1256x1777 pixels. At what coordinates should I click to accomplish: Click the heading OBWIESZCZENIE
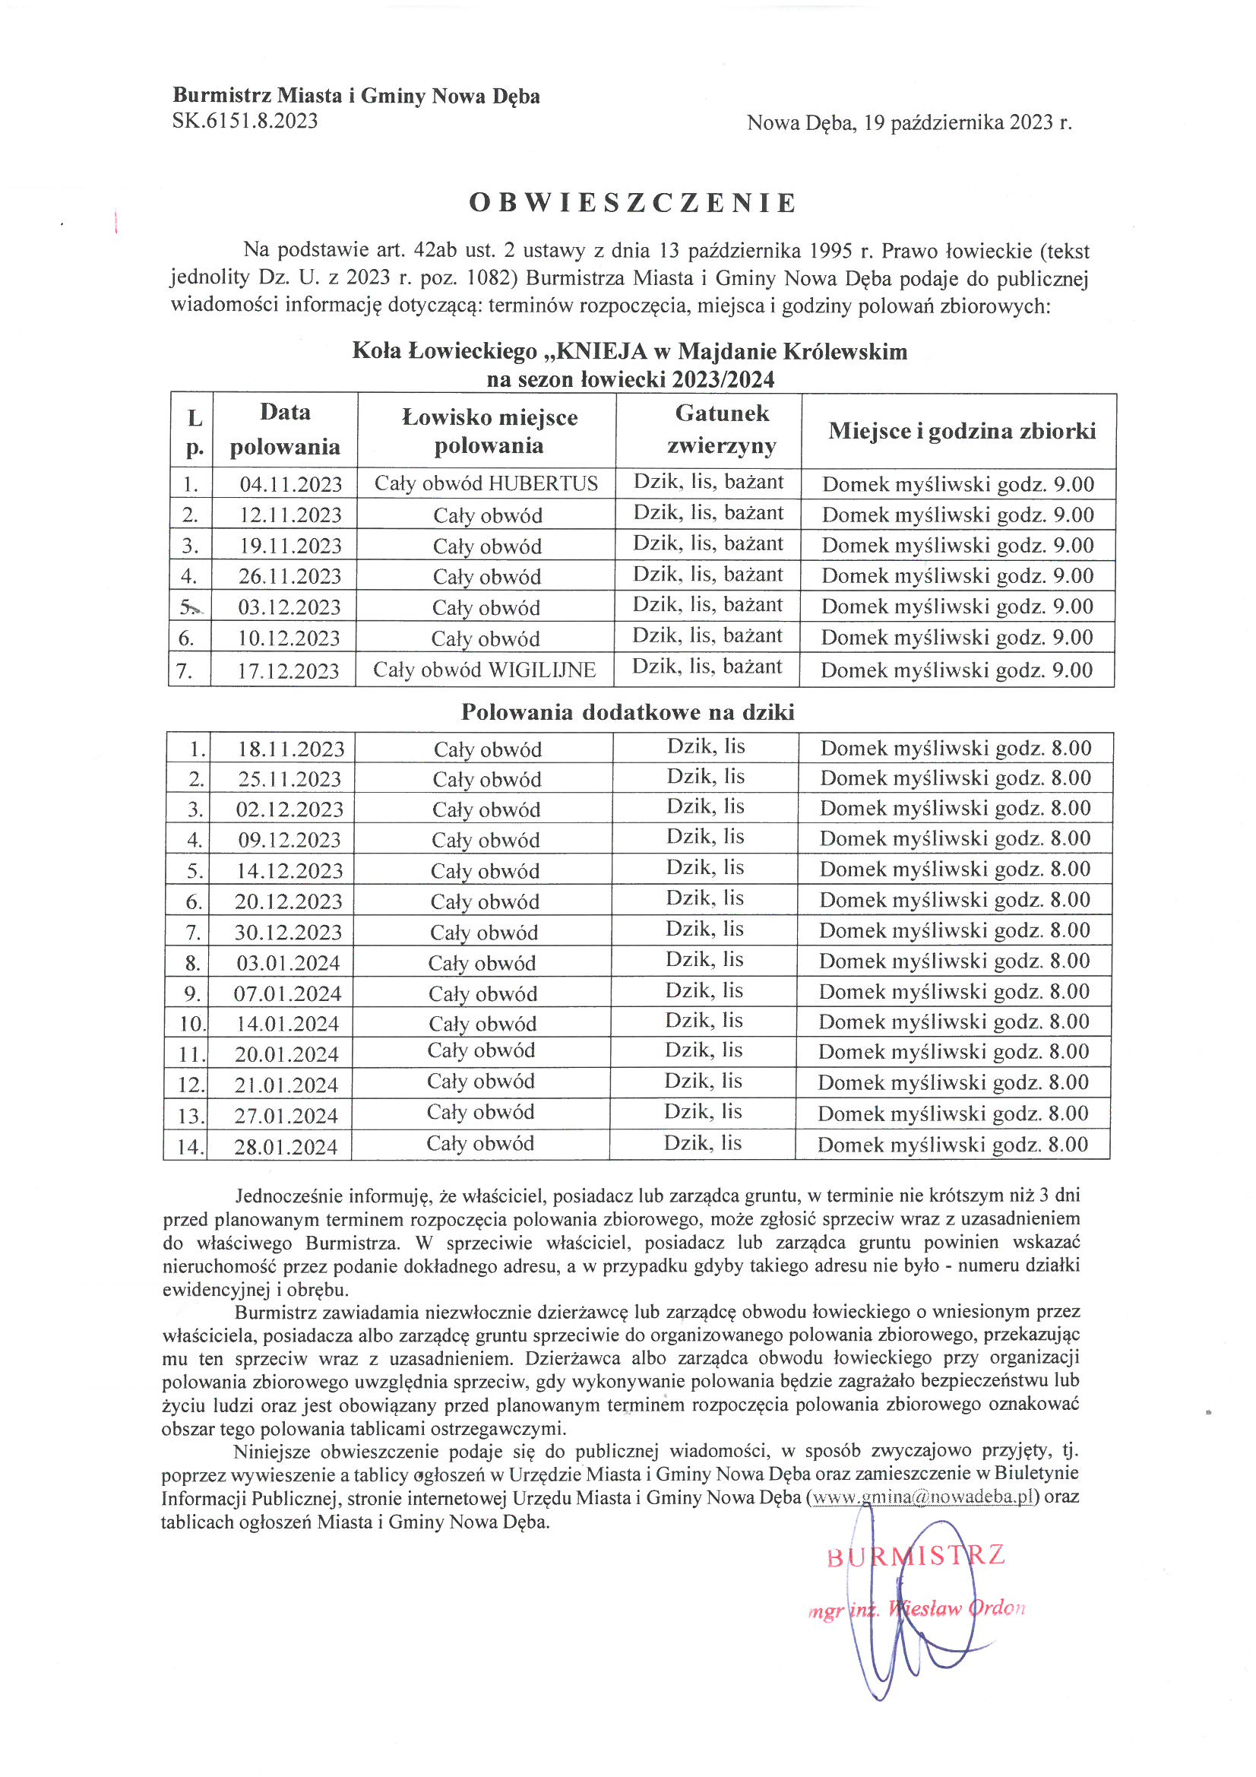coord(632,203)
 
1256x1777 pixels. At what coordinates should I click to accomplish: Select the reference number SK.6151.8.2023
coord(245,121)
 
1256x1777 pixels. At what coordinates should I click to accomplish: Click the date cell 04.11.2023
coord(290,484)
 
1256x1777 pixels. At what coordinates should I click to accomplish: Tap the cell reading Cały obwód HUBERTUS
coord(486,483)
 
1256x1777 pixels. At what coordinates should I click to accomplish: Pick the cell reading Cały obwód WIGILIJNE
coord(484,670)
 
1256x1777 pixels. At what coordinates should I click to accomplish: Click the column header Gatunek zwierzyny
coord(721,429)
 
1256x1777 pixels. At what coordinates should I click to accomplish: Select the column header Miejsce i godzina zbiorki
coord(961,431)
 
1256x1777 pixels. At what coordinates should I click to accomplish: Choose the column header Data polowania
coord(285,429)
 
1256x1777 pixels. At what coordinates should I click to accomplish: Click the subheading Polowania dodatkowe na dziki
coord(628,712)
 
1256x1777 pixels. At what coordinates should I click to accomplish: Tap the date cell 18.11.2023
coord(290,749)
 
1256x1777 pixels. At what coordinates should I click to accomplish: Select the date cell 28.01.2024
coord(286,1146)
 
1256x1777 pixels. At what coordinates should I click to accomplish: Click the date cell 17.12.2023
coord(288,670)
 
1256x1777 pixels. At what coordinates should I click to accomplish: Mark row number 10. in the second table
coord(191,1024)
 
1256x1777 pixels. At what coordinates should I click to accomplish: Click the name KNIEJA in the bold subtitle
coord(601,351)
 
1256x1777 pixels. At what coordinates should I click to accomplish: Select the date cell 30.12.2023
coord(288,932)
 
